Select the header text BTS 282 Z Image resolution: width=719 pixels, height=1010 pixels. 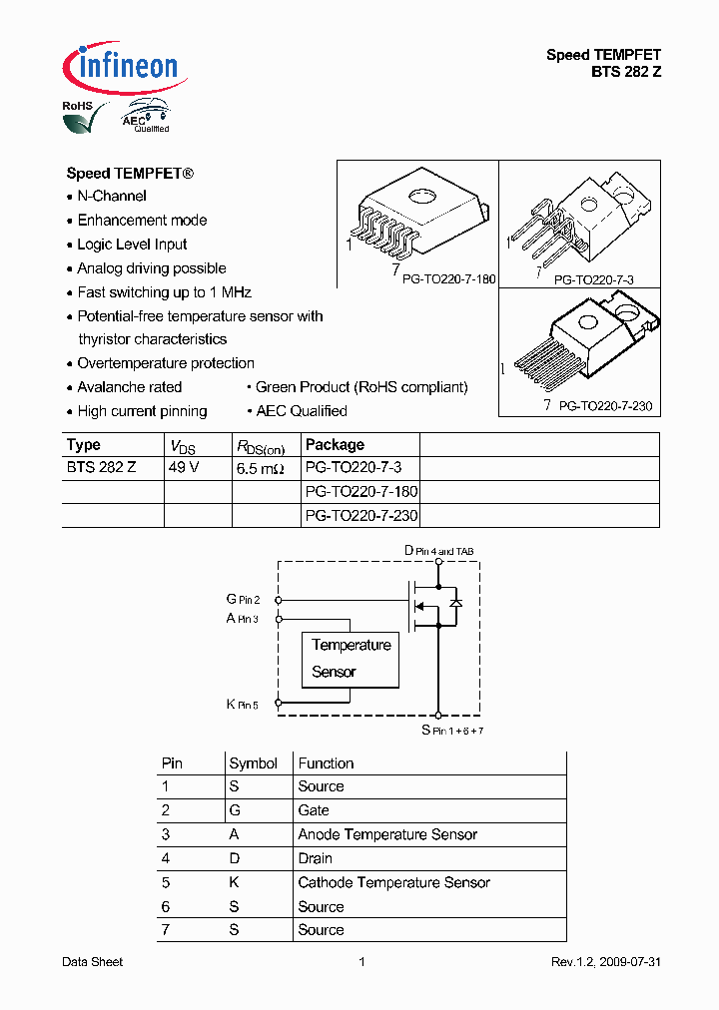pyautogui.click(x=626, y=72)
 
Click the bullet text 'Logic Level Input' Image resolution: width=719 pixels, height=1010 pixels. pyautogui.click(x=132, y=245)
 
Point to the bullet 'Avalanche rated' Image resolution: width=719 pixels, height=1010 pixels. pyautogui.click(x=130, y=387)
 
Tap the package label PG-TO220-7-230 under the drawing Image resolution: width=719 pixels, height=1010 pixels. pyautogui.click(x=605, y=406)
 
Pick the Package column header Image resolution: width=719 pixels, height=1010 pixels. pyautogui.click(x=335, y=445)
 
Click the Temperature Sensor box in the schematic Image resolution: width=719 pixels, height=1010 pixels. pyautogui.click(x=351, y=659)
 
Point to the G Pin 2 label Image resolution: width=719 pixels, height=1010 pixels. pyautogui.click(x=243, y=599)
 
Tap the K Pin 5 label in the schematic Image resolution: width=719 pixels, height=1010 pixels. pyautogui.click(x=242, y=705)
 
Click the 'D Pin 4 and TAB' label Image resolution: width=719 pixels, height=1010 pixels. pyautogui.click(x=439, y=551)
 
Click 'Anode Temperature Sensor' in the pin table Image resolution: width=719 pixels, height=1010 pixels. pyautogui.click(x=387, y=834)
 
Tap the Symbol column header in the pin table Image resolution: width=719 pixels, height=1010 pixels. pyautogui.click(x=253, y=763)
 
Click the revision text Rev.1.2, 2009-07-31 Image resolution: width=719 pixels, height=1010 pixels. pyautogui.click(x=606, y=962)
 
